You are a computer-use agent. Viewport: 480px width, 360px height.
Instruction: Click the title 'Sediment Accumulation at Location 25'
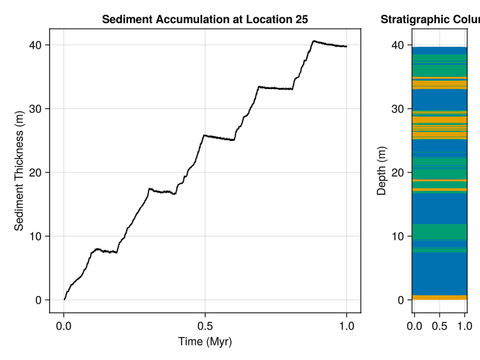205,20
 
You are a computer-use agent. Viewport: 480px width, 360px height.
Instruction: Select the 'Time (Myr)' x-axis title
205,342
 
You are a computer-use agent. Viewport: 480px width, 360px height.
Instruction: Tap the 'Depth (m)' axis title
382,171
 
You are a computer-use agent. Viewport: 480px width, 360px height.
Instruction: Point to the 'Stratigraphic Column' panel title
429,20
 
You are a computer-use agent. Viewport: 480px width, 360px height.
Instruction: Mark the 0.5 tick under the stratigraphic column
440,326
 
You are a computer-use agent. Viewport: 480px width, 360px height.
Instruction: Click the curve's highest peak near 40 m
314,41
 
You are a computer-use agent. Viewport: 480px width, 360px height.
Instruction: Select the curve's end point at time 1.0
346,46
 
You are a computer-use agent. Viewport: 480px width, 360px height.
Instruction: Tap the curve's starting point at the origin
64,299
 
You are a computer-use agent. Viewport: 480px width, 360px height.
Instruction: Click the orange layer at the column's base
439,297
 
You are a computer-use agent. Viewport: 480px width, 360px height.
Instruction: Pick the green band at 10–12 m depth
439,231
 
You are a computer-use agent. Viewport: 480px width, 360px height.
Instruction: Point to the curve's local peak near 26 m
204,135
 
